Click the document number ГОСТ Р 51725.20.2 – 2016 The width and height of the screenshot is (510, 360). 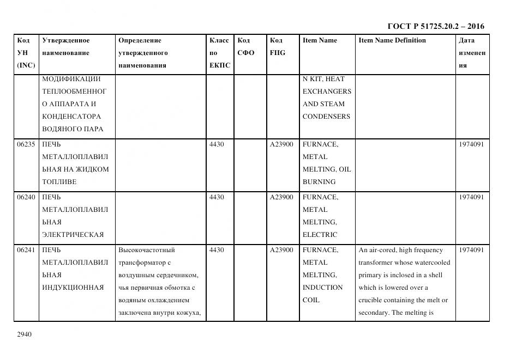(435, 26)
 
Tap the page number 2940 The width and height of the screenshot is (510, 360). (25, 334)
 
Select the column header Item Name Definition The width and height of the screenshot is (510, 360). (392, 40)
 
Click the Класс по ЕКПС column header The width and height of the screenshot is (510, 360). (219, 53)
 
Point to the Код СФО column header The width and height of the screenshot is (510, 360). (246, 47)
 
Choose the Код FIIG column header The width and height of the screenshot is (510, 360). (277, 47)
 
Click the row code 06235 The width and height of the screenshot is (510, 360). (26, 144)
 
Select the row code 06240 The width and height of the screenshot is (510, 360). (26, 197)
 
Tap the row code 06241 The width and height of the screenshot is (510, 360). (26, 250)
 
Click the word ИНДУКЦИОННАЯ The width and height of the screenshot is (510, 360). (73, 288)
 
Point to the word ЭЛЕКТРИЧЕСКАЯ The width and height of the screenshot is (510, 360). (73, 235)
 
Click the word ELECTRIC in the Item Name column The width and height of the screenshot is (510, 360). (320, 235)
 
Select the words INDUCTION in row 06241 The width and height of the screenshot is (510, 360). (322, 288)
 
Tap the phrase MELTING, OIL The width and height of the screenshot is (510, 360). (326, 169)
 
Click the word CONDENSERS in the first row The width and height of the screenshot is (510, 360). (326, 117)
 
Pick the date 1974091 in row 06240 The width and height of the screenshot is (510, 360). (471, 197)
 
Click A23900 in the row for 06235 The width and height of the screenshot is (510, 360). (281, 144)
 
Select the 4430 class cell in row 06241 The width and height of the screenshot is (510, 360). (217, 250)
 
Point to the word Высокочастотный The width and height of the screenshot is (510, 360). (146, 250)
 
